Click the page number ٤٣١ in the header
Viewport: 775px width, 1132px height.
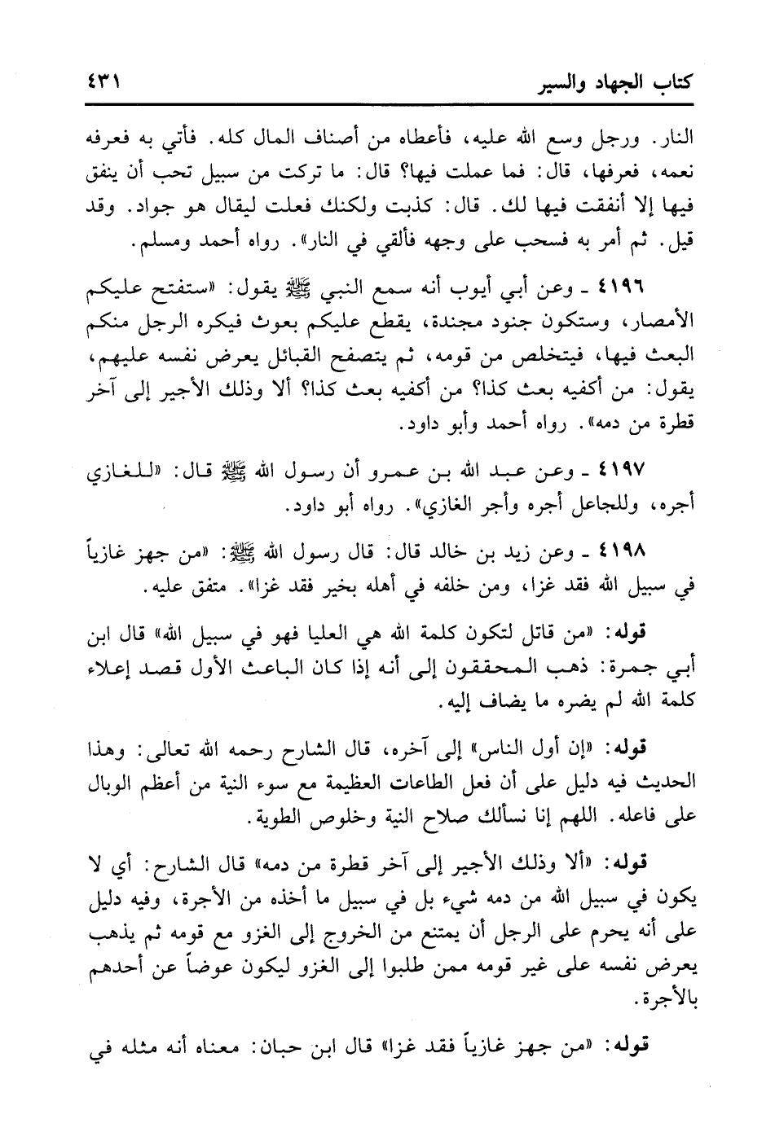(x=100, y=82)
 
